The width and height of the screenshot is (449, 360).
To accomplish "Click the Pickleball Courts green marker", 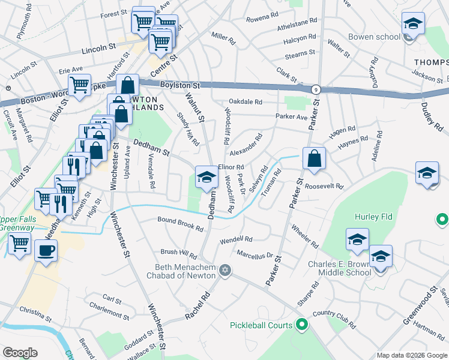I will pos(301,325).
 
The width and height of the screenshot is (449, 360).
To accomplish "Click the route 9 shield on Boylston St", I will pos(315,89).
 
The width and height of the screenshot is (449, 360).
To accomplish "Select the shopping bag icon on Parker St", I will pos(314,160).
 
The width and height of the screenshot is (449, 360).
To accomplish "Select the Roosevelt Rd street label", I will pos(323,186).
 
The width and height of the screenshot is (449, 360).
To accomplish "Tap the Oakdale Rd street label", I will pos(246,101).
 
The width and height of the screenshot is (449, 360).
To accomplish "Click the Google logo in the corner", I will pos(20,353).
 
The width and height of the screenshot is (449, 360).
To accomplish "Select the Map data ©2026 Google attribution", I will pos(411,355).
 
